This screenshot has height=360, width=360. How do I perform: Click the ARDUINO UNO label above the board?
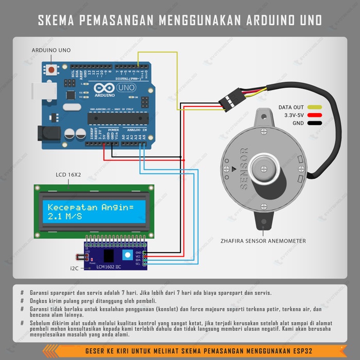tap(51, 50)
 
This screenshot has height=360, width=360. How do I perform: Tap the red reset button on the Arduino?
tap(52, 69)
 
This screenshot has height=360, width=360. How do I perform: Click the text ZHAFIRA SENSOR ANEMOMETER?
tap(263, 241)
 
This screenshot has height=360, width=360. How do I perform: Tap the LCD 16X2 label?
tap(68, 175)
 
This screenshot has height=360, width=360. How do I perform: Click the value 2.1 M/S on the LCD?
tap(65, 217)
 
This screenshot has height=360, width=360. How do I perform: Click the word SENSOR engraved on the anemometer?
tap(244, 169)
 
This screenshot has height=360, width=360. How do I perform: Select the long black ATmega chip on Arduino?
tap(118, 118)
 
